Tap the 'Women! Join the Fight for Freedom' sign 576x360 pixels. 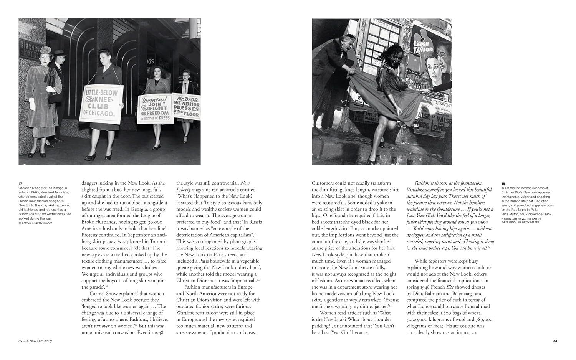(x=153, y=109)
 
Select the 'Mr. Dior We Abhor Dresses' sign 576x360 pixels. (x=186, y=106)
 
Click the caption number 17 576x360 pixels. (x=20, y=183)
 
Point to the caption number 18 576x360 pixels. (x=503, y=183)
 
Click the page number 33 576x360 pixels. (x=555, y=341)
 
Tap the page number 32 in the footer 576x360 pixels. (x=20, y=341)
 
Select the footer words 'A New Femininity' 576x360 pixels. (x=39, y=341)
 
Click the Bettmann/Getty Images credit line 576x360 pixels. (x=36, y=223)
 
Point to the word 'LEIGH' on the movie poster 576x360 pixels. (x=421, y=43)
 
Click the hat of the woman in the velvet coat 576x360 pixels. (x=45, y=50)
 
